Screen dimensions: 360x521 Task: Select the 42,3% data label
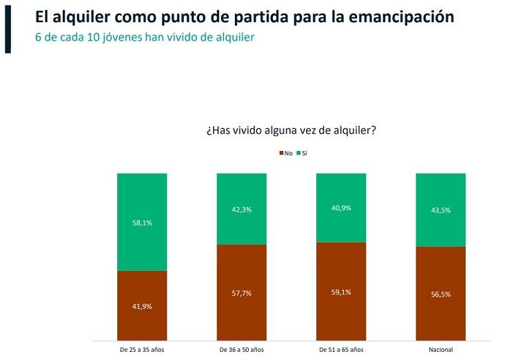click(241, 210)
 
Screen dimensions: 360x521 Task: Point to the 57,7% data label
click(241, 293)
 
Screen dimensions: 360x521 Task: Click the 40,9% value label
click(341, 208)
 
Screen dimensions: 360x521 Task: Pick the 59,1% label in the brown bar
click(341, 292)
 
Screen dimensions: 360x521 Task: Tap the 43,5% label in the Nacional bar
click(440, 210)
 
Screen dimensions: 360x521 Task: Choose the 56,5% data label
click(440, 293)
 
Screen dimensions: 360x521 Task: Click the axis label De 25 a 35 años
click(142, 350)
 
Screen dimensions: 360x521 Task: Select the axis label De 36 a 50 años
click(241, 350)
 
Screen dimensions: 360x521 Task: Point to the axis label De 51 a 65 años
click(341, 350)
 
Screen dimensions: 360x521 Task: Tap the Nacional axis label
click(440, 350)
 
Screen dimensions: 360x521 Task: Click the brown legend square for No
click(281, 152)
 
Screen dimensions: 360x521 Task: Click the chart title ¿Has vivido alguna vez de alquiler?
click(290, 130)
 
